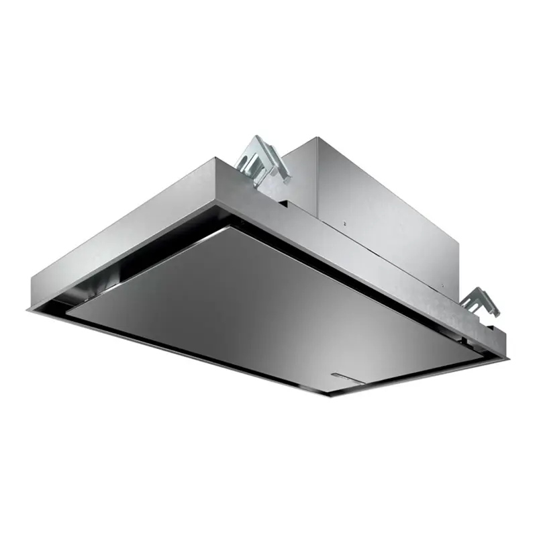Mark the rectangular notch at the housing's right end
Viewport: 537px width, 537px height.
pos(493,331)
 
